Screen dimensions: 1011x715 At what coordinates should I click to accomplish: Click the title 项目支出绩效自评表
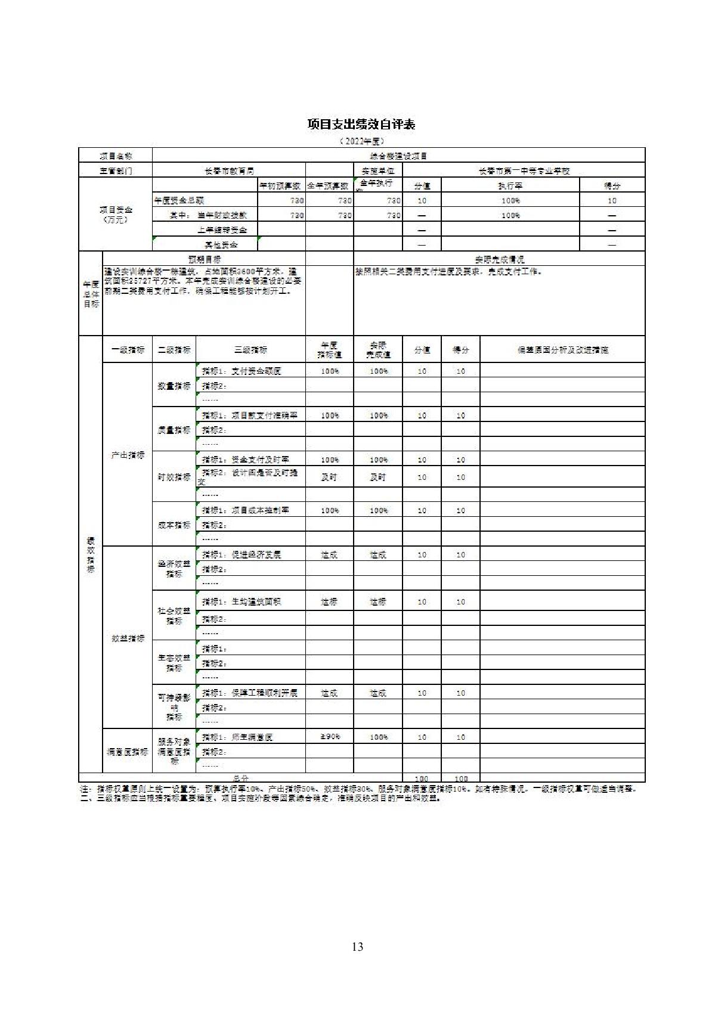click(x=361, y=124)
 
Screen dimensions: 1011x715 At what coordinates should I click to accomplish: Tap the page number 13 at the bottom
click(x=357, y=947)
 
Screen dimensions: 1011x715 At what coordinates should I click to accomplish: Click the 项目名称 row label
click(x=116, y=156)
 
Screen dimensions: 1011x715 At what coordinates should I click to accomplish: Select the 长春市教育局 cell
click(x=229, y=171)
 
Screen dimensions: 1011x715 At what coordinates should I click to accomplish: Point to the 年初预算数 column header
click(x=281, y=186)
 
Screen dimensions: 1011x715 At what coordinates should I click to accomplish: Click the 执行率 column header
click(x=510, y=186)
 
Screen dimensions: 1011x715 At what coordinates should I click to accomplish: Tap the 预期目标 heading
click(x=204, y=259)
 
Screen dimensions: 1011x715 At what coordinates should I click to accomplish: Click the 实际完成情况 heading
click(x=499, y=259)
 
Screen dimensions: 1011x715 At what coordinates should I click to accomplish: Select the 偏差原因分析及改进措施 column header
click(x=562, y=350)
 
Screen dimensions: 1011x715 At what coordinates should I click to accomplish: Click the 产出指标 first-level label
click(x=128, y=455)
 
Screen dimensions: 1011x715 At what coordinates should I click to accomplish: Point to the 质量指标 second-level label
click(x=174, y=430)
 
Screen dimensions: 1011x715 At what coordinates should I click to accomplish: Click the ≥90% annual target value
click(x=330, y=737)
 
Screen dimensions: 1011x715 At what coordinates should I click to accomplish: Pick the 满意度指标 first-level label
click(x=128, y=752)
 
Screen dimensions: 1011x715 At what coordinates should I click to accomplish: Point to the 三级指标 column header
click(x=250, y=350)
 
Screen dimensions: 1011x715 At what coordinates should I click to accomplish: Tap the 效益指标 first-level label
click(x=128, y=638)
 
